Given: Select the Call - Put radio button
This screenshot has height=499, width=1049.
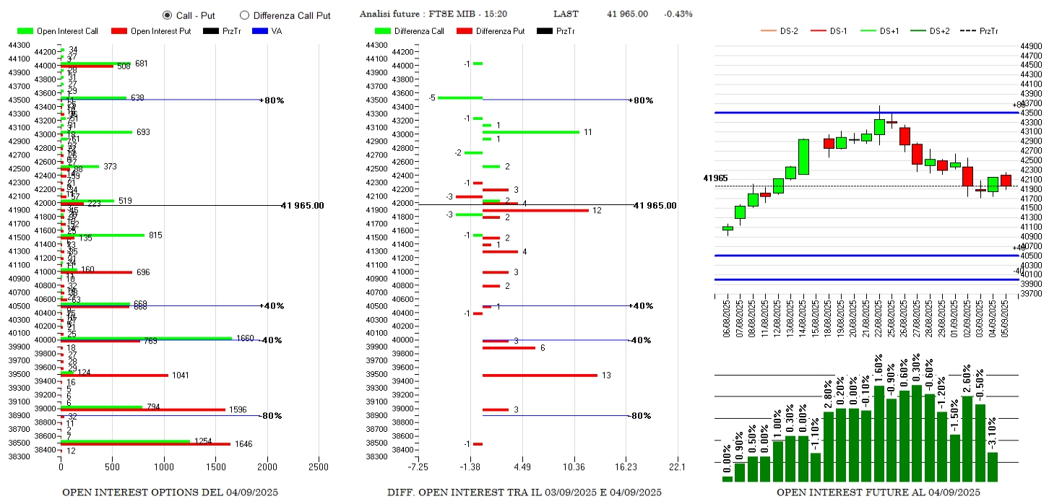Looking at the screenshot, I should click(x=168, y=15).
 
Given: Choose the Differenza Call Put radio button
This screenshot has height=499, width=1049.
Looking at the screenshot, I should click(x=244, y=15).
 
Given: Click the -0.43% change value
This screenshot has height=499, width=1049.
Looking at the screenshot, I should click(x=678, y=14).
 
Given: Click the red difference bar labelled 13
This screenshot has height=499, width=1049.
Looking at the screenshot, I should click(x=540, y=376).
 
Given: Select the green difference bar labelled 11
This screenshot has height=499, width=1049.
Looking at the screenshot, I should click(x=531, y=132).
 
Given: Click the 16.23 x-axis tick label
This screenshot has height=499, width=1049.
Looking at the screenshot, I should click(x=626, y=467).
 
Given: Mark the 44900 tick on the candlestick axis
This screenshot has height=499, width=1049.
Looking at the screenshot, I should click(x=1031, y=46).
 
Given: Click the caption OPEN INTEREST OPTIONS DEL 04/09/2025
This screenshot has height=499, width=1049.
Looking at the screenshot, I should click(x=170, y=493).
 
